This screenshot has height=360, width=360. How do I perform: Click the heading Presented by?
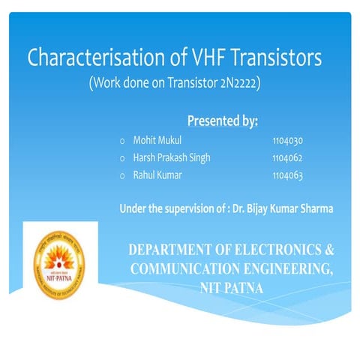coord(223,121)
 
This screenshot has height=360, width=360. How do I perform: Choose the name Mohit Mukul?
coord(157,140)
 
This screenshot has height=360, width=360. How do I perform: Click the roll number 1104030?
coord(287,140)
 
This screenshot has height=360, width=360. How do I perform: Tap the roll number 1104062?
coord(287,157)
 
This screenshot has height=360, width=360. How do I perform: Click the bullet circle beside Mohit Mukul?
coord(122,141)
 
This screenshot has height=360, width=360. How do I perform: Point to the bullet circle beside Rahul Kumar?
coord(122,175)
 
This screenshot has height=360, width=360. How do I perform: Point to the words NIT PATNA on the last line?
coord(232,287)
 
